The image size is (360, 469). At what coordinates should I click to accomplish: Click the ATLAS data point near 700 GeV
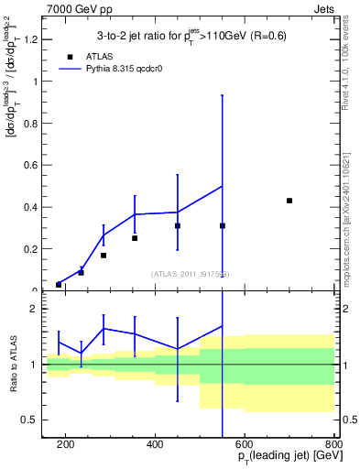289,201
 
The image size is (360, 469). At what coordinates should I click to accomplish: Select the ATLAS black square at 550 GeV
223,225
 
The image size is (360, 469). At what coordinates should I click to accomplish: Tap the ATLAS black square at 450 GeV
178,225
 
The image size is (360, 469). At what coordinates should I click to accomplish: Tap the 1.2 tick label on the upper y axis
30,39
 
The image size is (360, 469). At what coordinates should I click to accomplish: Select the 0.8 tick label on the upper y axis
30,124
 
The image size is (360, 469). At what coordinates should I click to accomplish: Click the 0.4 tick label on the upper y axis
30,207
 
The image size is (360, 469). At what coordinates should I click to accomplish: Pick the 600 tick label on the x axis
245,444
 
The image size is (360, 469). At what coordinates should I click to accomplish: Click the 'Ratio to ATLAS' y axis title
12,365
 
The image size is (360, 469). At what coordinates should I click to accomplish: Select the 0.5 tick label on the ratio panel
30,420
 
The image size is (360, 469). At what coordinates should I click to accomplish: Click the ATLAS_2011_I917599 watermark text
191,273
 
